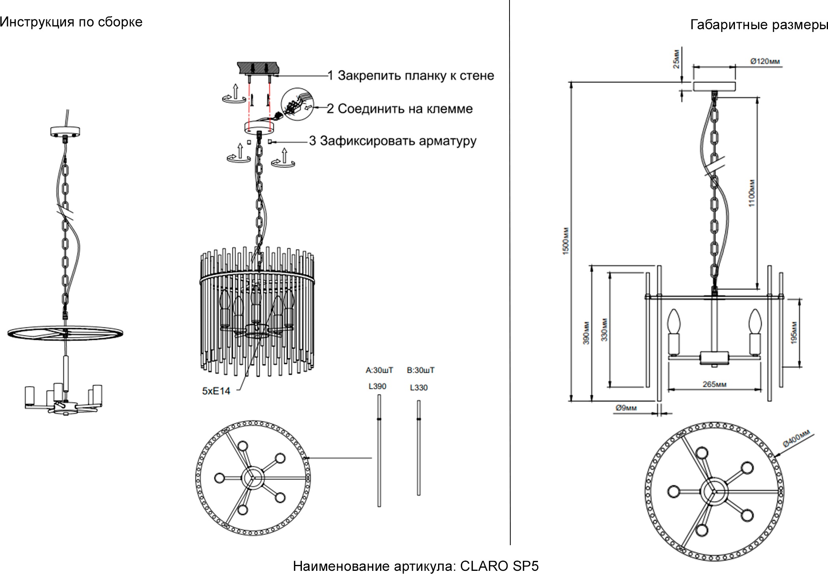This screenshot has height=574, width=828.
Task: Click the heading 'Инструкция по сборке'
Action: coord(71,22)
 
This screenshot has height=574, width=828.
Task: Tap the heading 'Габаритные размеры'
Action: coord(759,25)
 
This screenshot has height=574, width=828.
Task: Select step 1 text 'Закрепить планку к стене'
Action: coord(416,75)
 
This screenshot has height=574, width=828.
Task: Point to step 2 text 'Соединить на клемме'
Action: coord(405,109)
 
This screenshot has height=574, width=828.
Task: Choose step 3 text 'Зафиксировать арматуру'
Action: coord(398,141)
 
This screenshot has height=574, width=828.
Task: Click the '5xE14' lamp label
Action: coord(216,391)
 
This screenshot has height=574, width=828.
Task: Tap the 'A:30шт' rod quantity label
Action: coord(379,370)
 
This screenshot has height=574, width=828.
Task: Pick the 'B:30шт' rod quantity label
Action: coord(421,370)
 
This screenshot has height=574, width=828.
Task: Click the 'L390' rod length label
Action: coord(377,386)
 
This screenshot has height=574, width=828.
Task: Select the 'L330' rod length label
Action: coord(419,388)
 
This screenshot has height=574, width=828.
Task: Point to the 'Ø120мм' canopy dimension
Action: coord(765,61)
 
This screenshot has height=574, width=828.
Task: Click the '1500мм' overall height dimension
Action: coord(565,241)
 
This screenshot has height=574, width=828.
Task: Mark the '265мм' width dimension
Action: coord(714,384)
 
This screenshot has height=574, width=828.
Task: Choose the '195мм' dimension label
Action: coord(794,332)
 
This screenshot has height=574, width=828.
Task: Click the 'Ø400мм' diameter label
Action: coord(796,438)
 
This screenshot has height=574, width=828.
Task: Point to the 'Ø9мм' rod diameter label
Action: coord(626,408)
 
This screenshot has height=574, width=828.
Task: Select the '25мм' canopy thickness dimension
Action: coord(676,59)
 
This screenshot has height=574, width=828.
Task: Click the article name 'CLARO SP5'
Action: coord(499,566)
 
